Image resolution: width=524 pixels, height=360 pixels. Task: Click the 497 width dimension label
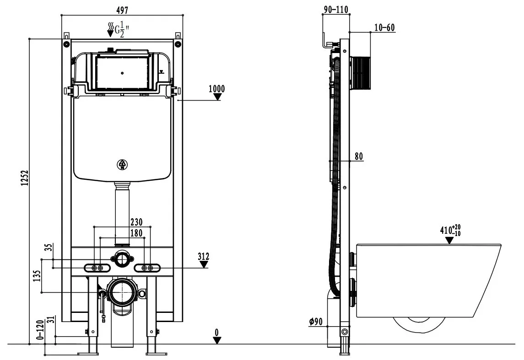click(122, 10)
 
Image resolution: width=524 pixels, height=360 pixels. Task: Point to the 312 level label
click(204, 257)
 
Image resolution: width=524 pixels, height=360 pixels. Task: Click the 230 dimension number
click(136, 222)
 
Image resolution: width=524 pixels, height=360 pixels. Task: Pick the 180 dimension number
click(136, 233)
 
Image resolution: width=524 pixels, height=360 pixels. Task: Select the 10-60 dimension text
click(384, 28)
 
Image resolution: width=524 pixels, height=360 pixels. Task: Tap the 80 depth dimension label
click(358, 156)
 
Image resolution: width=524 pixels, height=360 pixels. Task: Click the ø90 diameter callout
click(316, 322)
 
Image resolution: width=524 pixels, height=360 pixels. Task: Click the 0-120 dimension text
click(40, 330)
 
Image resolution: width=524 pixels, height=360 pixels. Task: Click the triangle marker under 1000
click(219, 97)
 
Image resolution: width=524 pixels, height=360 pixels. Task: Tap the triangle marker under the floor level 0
click(217, 340)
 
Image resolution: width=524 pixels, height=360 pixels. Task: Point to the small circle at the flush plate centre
click(122, 73)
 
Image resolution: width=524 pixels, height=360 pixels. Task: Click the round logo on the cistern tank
click(122, 164)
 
